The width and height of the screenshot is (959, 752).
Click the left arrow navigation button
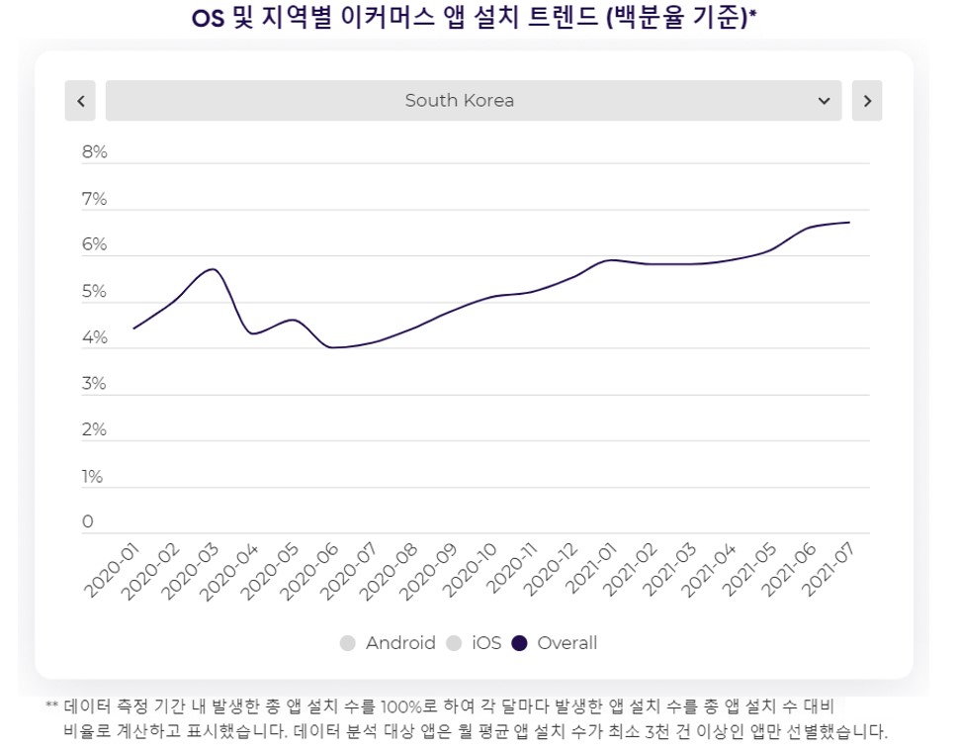click(x=80, y=101)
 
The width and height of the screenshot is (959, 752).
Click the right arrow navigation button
click(x=867, y=101)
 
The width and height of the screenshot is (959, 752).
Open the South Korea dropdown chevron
click(x=824, y=101)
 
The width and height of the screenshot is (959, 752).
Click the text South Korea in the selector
click(x=460, y=101)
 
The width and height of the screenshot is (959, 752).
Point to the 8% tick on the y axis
click(x=95, y=152)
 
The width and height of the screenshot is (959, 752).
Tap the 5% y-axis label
click(x=95, y=292)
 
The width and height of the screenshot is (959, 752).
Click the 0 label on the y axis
click(x=88, y=522)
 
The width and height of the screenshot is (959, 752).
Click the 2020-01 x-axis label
click(x=112, y=569)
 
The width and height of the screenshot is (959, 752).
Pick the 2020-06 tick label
click(x=312, y=569)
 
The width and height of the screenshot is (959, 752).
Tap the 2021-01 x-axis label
click(x=593, y=569)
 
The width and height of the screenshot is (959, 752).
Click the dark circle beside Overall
click(x=520, y=643)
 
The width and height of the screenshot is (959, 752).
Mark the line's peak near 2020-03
click(x=212, y=269)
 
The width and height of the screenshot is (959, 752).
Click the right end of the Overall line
click(x=849, y=223)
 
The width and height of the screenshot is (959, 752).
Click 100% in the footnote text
click(x=399, y=707)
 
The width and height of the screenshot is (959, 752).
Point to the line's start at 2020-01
click(x=133, y=329)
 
